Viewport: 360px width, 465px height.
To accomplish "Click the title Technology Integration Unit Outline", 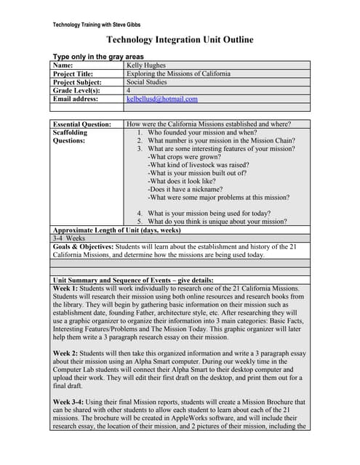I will [x=180, y=40].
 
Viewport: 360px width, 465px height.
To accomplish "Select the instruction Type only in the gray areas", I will [x=98, y=57].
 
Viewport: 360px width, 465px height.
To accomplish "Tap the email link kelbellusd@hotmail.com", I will [x=161, y=99].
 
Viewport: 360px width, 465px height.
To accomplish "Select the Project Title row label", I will [x=73, y=73].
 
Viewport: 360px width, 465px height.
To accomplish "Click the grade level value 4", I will [x=129, y=91].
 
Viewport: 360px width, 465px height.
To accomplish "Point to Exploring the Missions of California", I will [x=178, y=73].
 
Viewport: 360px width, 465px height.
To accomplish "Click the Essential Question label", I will [x=82, y=124].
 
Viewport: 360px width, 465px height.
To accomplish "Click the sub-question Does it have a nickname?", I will [x=186, y=189].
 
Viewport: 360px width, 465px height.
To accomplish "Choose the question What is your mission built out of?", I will [x=197, y=173].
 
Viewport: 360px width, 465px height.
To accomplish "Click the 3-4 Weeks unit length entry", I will [x=69, y=238].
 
